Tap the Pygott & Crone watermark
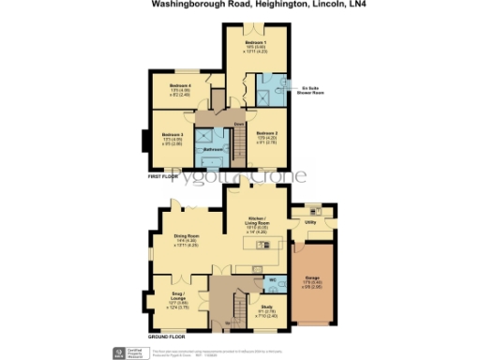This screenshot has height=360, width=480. point(239,179)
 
